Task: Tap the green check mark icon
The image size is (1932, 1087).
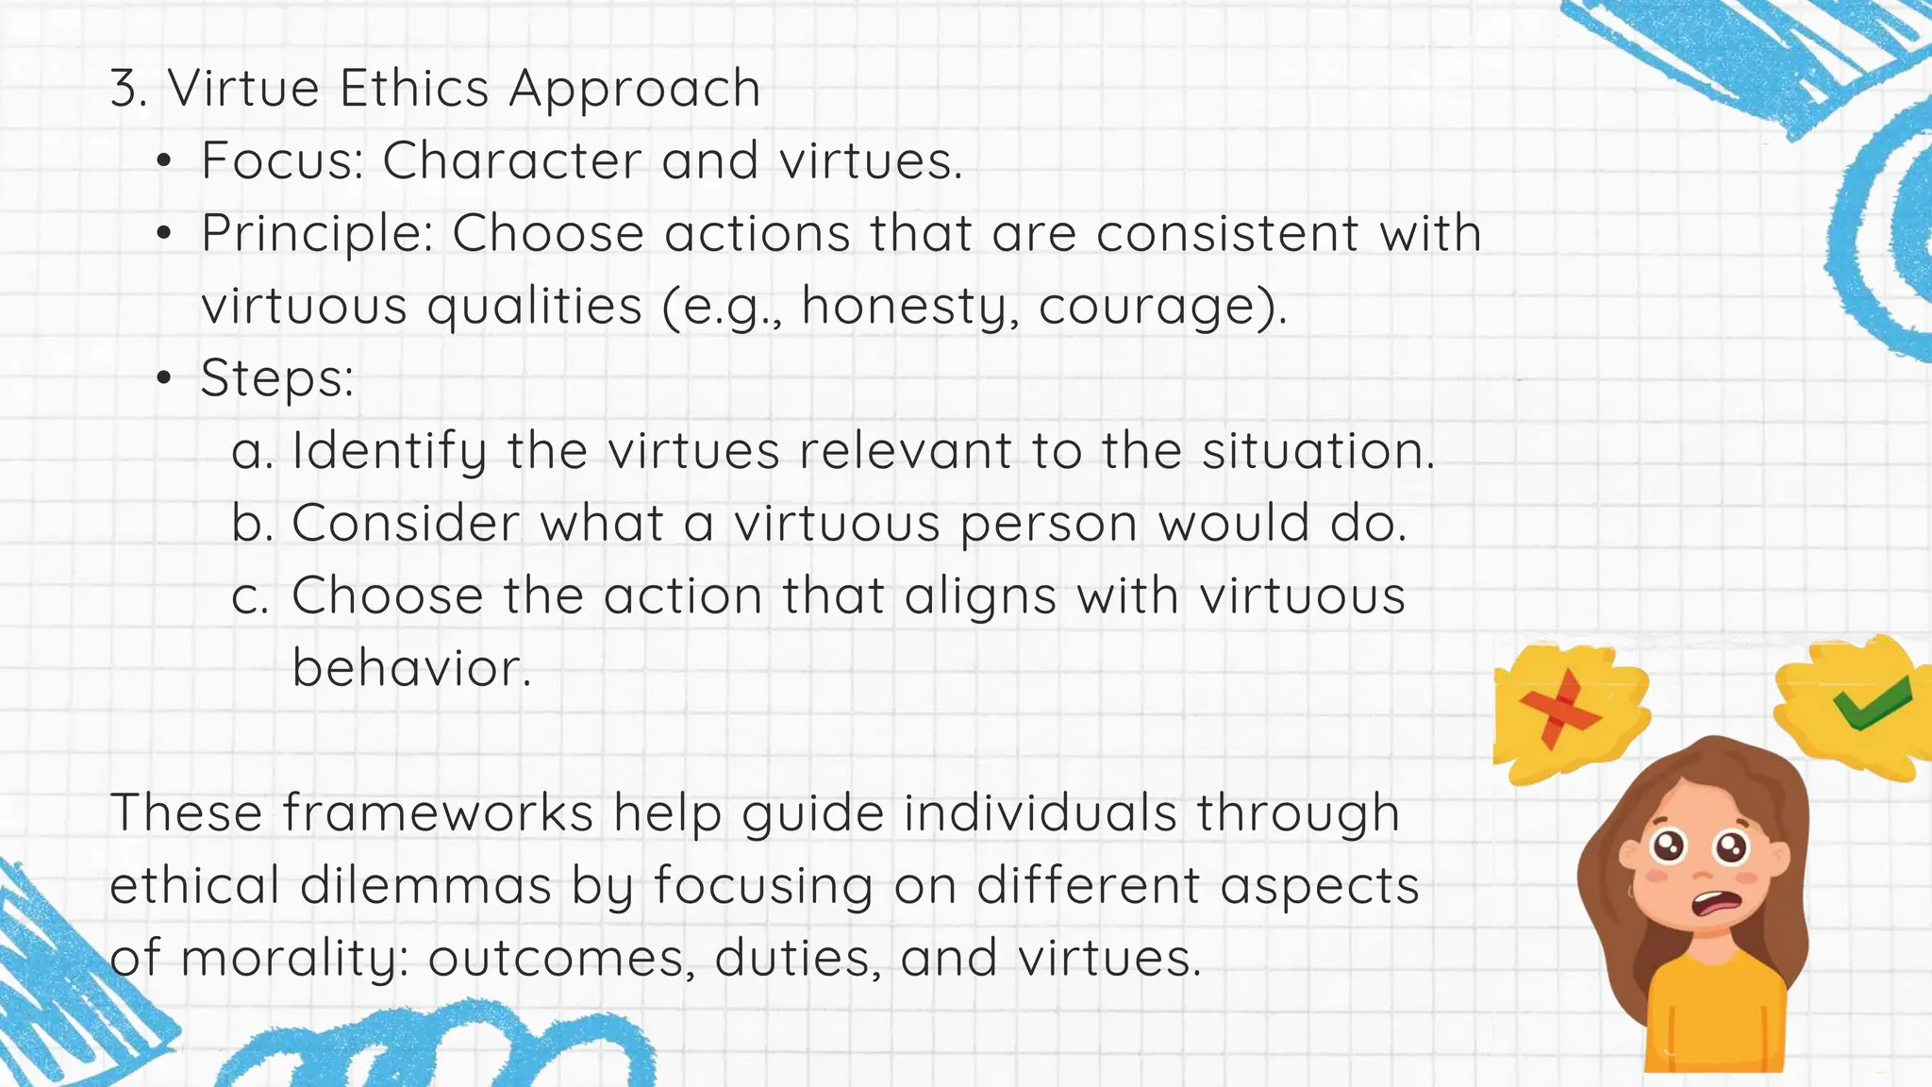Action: click(1872, 703)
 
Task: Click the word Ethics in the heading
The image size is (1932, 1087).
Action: click(414, 89)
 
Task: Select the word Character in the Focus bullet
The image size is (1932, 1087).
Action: click(511, 160)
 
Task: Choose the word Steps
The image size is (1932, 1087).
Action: click(275, 378)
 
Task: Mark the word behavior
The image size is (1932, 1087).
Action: click(411, 668)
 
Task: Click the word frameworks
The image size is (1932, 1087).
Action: click(438, 813)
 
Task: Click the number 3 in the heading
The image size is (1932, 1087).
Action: click(128, 89)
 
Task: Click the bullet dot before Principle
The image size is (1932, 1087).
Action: click(165, 234)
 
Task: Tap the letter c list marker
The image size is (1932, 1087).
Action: click(250, 597)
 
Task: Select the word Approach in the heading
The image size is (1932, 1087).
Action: click(635, 91)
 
